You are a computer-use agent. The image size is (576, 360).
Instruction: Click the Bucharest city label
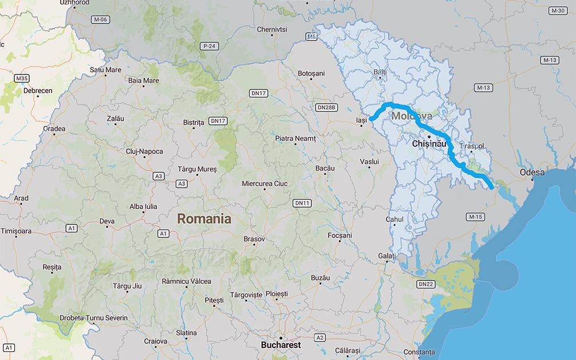[x=281, y=346]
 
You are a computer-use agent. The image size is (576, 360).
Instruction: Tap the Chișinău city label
[x=429, y=144]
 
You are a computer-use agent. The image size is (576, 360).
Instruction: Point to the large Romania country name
[x=204, y=219]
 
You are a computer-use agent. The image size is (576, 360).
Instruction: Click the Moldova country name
[x=412, y=116]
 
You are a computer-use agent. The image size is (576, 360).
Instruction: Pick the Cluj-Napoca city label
[x=144, y=152]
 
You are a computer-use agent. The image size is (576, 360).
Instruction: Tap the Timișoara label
[x=17, y=231]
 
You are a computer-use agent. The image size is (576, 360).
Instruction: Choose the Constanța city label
[x=419, y=351]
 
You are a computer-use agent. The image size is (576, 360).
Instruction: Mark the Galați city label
[x=387, y=255]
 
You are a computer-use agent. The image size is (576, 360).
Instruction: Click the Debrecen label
[x=38, y=90]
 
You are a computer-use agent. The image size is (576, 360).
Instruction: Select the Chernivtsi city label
[x=271, y=29]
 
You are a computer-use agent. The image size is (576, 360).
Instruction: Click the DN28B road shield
[x=327, y=107]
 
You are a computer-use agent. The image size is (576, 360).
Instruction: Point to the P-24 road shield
[x=210, y=45]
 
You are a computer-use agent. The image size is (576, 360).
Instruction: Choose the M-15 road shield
[x=475, y=217]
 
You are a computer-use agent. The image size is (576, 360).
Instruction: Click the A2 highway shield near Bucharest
[x=319, y=338]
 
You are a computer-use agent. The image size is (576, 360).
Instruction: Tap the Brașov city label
[x=254, y=239]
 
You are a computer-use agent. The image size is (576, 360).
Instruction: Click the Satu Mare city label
[x=105, y=70]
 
